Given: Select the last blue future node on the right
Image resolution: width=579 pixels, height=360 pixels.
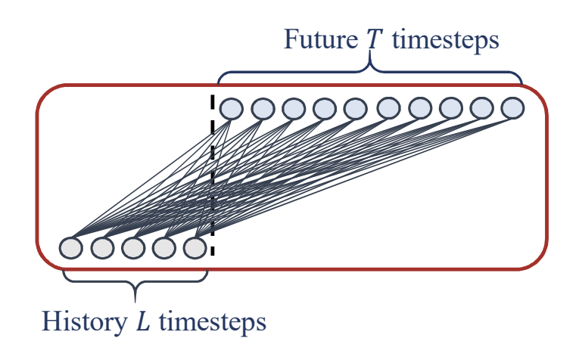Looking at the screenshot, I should [x=512, y=108].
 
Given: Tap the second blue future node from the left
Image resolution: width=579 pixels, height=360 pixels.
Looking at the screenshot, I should [x=263, y=109].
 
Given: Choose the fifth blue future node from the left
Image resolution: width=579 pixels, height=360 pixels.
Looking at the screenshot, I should [x=355, y=109].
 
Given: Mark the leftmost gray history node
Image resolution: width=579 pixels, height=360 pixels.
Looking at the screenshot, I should [x=70, y=247].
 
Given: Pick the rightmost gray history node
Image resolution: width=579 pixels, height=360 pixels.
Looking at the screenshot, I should [x=195, y=247].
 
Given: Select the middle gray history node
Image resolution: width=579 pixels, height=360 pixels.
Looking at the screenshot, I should [x=132, y=247].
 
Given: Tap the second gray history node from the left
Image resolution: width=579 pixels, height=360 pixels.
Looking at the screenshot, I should [x=101, y=247].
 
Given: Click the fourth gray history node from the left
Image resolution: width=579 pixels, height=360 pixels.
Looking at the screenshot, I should [x=163, y=247].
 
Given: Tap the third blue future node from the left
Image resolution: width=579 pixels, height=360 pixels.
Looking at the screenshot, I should [x=294, y=109].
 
